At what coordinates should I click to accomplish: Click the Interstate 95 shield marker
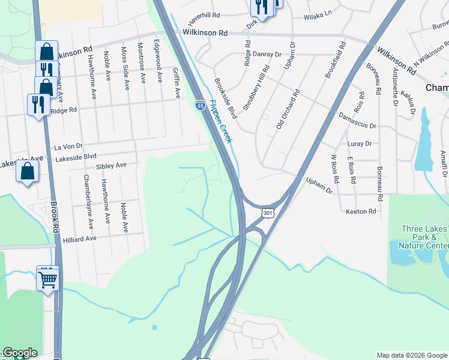200,106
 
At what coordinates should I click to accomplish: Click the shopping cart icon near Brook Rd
47,278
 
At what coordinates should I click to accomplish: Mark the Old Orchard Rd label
287,111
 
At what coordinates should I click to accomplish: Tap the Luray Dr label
360,144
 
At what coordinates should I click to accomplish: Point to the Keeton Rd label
361,212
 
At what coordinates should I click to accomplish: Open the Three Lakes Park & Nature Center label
424,237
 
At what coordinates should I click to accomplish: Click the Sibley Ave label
111,165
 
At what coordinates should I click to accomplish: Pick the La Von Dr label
68,146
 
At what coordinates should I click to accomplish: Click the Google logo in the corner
20,353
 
